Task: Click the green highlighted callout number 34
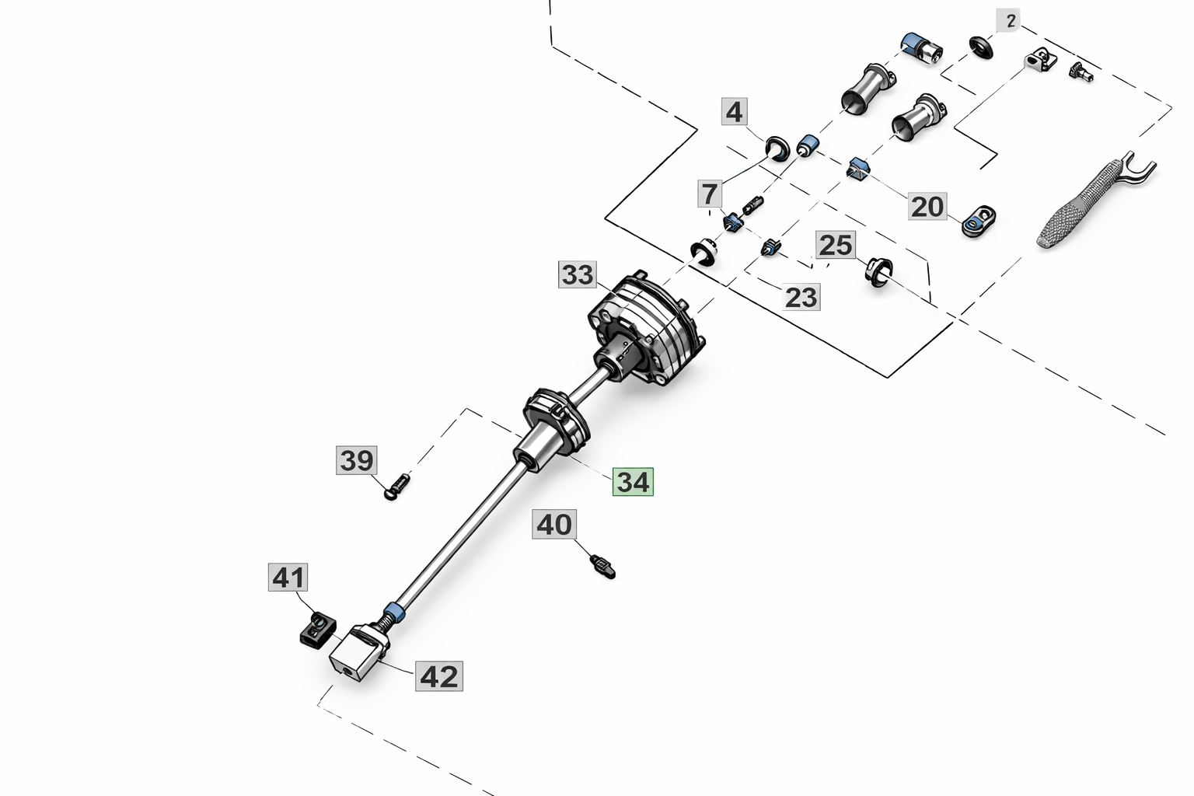pos(633,482)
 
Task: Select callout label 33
pos(578,274)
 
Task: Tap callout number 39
pos(357,460)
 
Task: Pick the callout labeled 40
pos(554,524)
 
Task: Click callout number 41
pos(288,578)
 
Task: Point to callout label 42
pos(438,676)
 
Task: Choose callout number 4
pos(734,113)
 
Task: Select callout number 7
pos(709,193)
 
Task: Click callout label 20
pos(927,207)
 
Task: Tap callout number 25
pos(836,246)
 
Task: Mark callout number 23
pos(801,296)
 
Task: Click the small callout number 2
pos(1010,21)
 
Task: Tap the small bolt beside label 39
pos(397,487)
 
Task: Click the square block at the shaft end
pos(356,656)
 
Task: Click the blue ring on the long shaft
pos(394,610)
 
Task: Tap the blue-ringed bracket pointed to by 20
pos(978,222)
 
